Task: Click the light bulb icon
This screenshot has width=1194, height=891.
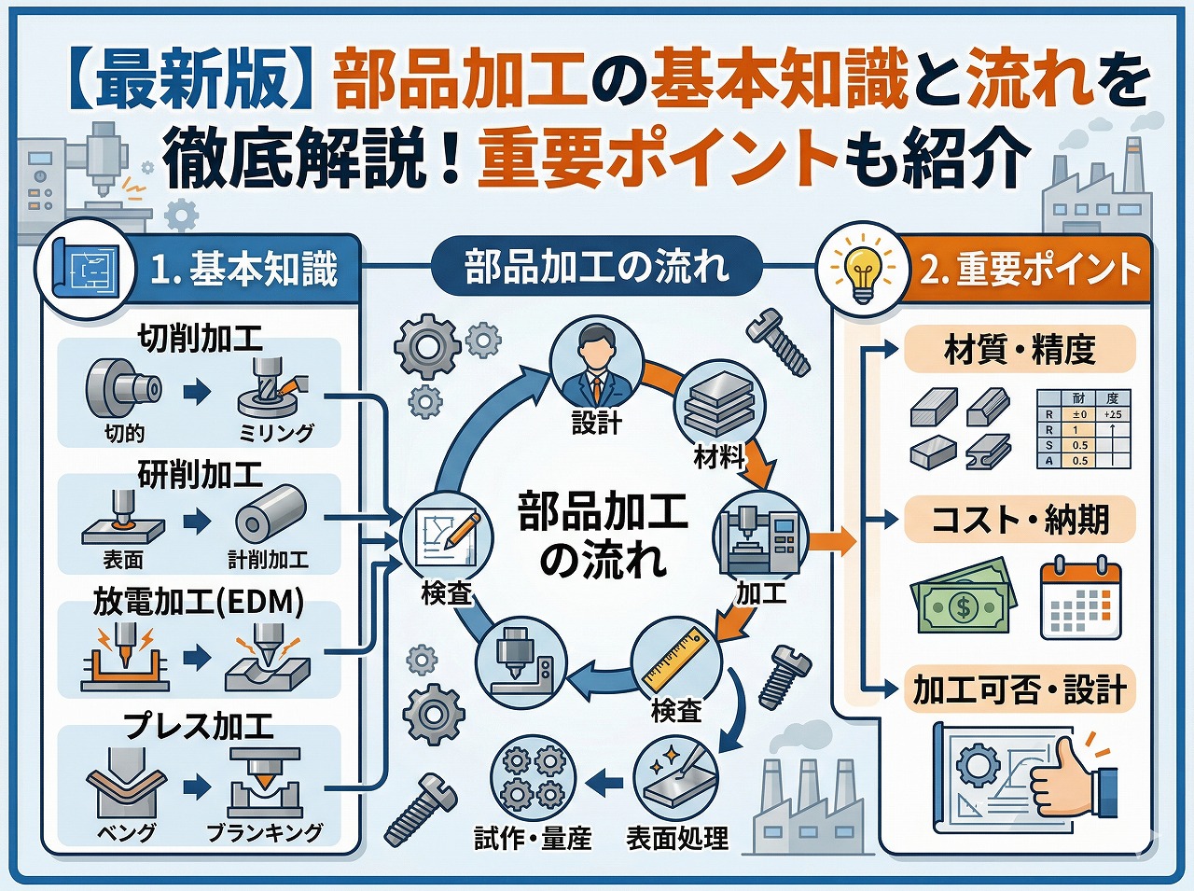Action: click(862, 270)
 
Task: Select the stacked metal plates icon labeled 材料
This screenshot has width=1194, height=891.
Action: click(719, 405)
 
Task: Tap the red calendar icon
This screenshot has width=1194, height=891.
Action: click(1080, 598)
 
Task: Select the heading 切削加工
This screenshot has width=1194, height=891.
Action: click(200, 338)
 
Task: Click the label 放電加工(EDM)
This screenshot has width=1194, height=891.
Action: click(199, 602)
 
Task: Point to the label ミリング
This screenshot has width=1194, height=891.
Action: click(277, 433)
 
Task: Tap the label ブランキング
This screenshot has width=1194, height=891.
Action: click(264, 832)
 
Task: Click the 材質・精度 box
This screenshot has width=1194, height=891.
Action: click(1019, 350)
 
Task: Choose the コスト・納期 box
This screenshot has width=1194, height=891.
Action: click(1019, 520)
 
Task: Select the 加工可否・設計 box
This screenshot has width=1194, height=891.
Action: click(1019, 689)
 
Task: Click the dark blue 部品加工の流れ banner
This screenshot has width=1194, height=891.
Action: click(596, 268)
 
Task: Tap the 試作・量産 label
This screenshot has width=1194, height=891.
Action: click(533, 839)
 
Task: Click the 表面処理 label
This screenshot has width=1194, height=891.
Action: click(677, 839)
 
